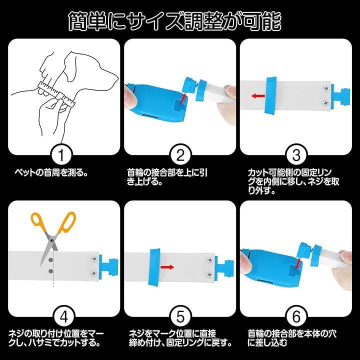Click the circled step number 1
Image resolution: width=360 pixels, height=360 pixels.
[x=61, y=155]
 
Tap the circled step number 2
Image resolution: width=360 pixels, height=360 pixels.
[x=180, y=155]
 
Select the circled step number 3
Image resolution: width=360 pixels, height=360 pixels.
[x=296, y=155]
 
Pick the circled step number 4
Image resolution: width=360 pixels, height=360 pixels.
[x=64, y=317]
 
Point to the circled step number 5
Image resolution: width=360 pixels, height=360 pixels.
[x=180, y=317]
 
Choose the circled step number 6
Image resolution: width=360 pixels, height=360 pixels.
[x=296, y=317]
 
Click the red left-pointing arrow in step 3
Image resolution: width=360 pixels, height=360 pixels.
[x=258, y=95]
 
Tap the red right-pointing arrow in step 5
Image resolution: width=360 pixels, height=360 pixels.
[x=167, y=267]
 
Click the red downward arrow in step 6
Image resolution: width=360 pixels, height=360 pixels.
[x=298, y=263]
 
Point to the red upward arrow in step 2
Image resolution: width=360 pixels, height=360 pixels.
[x=183, y=98]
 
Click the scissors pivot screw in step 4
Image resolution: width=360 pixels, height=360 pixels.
[x=52, y=240]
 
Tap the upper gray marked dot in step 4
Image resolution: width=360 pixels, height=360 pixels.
[x=50, y=260]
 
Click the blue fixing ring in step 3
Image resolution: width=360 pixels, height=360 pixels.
[x=271, y=95]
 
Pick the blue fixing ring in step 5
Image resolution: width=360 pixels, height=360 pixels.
[x=154, y=267]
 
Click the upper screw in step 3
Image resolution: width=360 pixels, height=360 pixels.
[x=325, y=88]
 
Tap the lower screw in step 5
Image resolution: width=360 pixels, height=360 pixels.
[x=209, y=274]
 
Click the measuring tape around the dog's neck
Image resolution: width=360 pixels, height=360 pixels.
[x=56, y=94]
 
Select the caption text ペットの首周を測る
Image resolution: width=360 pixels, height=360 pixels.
[x=51, y=172]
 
